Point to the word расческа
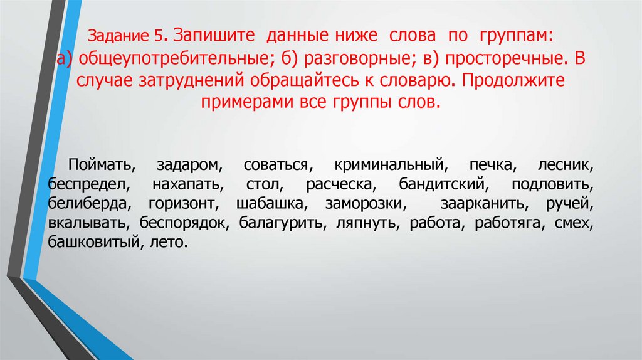[x=340, y=186]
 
